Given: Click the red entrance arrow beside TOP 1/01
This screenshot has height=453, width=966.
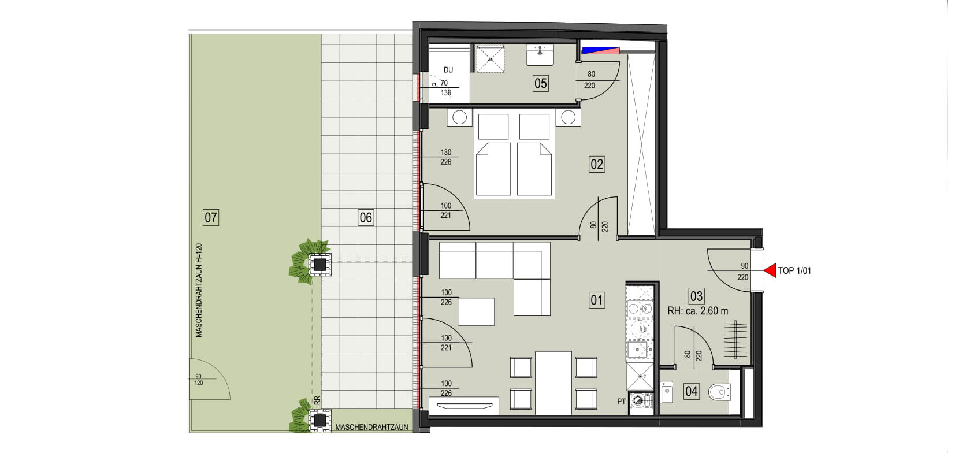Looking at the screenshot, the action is [770, 270].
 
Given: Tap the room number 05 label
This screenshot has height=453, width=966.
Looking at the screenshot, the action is [540, 83].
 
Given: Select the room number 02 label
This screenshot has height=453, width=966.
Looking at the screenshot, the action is [597, 164].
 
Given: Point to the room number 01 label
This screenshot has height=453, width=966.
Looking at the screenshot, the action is [597, 300].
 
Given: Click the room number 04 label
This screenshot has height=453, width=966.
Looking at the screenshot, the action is [692, 391].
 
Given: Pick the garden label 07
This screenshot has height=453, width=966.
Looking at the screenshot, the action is [210, 217].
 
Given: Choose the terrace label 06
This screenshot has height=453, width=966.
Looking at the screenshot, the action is [366, 217].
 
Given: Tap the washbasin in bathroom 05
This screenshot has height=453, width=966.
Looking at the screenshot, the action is [540, 55].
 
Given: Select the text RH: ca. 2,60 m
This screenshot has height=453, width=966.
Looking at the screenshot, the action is [698, 311].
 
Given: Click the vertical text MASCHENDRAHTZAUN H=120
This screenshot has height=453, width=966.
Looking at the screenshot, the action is [199, 291].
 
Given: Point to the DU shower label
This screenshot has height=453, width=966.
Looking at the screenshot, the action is [448, 70].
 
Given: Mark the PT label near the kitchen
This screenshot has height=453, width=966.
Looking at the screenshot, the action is [622, 402].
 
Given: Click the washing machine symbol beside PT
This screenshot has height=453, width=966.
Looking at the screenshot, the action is [638, 401].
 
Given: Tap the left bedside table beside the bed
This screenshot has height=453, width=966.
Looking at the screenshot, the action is [460, 117].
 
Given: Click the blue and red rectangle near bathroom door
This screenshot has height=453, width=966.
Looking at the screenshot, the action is [601, 50].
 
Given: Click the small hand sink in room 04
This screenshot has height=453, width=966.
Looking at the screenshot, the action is [667, 392].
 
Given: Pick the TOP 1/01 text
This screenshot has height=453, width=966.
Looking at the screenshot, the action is [794, 271].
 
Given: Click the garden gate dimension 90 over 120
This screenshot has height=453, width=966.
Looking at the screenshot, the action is [198, 380].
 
